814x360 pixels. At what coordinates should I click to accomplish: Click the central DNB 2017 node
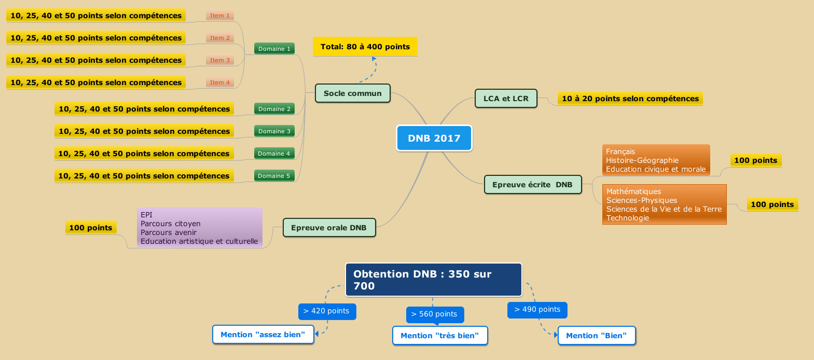coord(434,138)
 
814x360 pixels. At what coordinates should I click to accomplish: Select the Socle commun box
coord(352,93)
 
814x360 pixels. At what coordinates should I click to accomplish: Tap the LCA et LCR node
coord(506,99)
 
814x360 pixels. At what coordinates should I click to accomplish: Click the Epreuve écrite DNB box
coord(532,185)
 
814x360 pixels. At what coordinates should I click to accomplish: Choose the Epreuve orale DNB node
coord(329,228)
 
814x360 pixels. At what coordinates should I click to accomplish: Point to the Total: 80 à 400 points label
coord(365,47)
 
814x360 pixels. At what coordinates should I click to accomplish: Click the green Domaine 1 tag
coord(274,49)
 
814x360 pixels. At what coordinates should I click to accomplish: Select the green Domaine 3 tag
coord(274,131)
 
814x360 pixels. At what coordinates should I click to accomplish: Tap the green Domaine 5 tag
coord(274,176)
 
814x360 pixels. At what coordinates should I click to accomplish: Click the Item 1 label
coord(220,16)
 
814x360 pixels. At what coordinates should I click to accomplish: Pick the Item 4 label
coord(220,82)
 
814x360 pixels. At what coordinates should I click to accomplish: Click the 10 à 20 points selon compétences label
coord(630,99)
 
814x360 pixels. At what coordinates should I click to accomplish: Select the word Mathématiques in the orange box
coord(633,191)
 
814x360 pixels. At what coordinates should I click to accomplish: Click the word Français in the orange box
coord(620,151)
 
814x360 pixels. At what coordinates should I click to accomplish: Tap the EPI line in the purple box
coord(147,215)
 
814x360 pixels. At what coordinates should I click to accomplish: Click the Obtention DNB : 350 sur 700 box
coord(434,280)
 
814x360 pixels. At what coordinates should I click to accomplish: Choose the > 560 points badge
coord(434,314)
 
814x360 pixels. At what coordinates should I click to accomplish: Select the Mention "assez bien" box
coord(263,335)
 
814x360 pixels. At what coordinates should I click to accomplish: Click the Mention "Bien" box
coord(596,336)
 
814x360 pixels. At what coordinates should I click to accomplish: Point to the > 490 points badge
coord(537,310)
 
